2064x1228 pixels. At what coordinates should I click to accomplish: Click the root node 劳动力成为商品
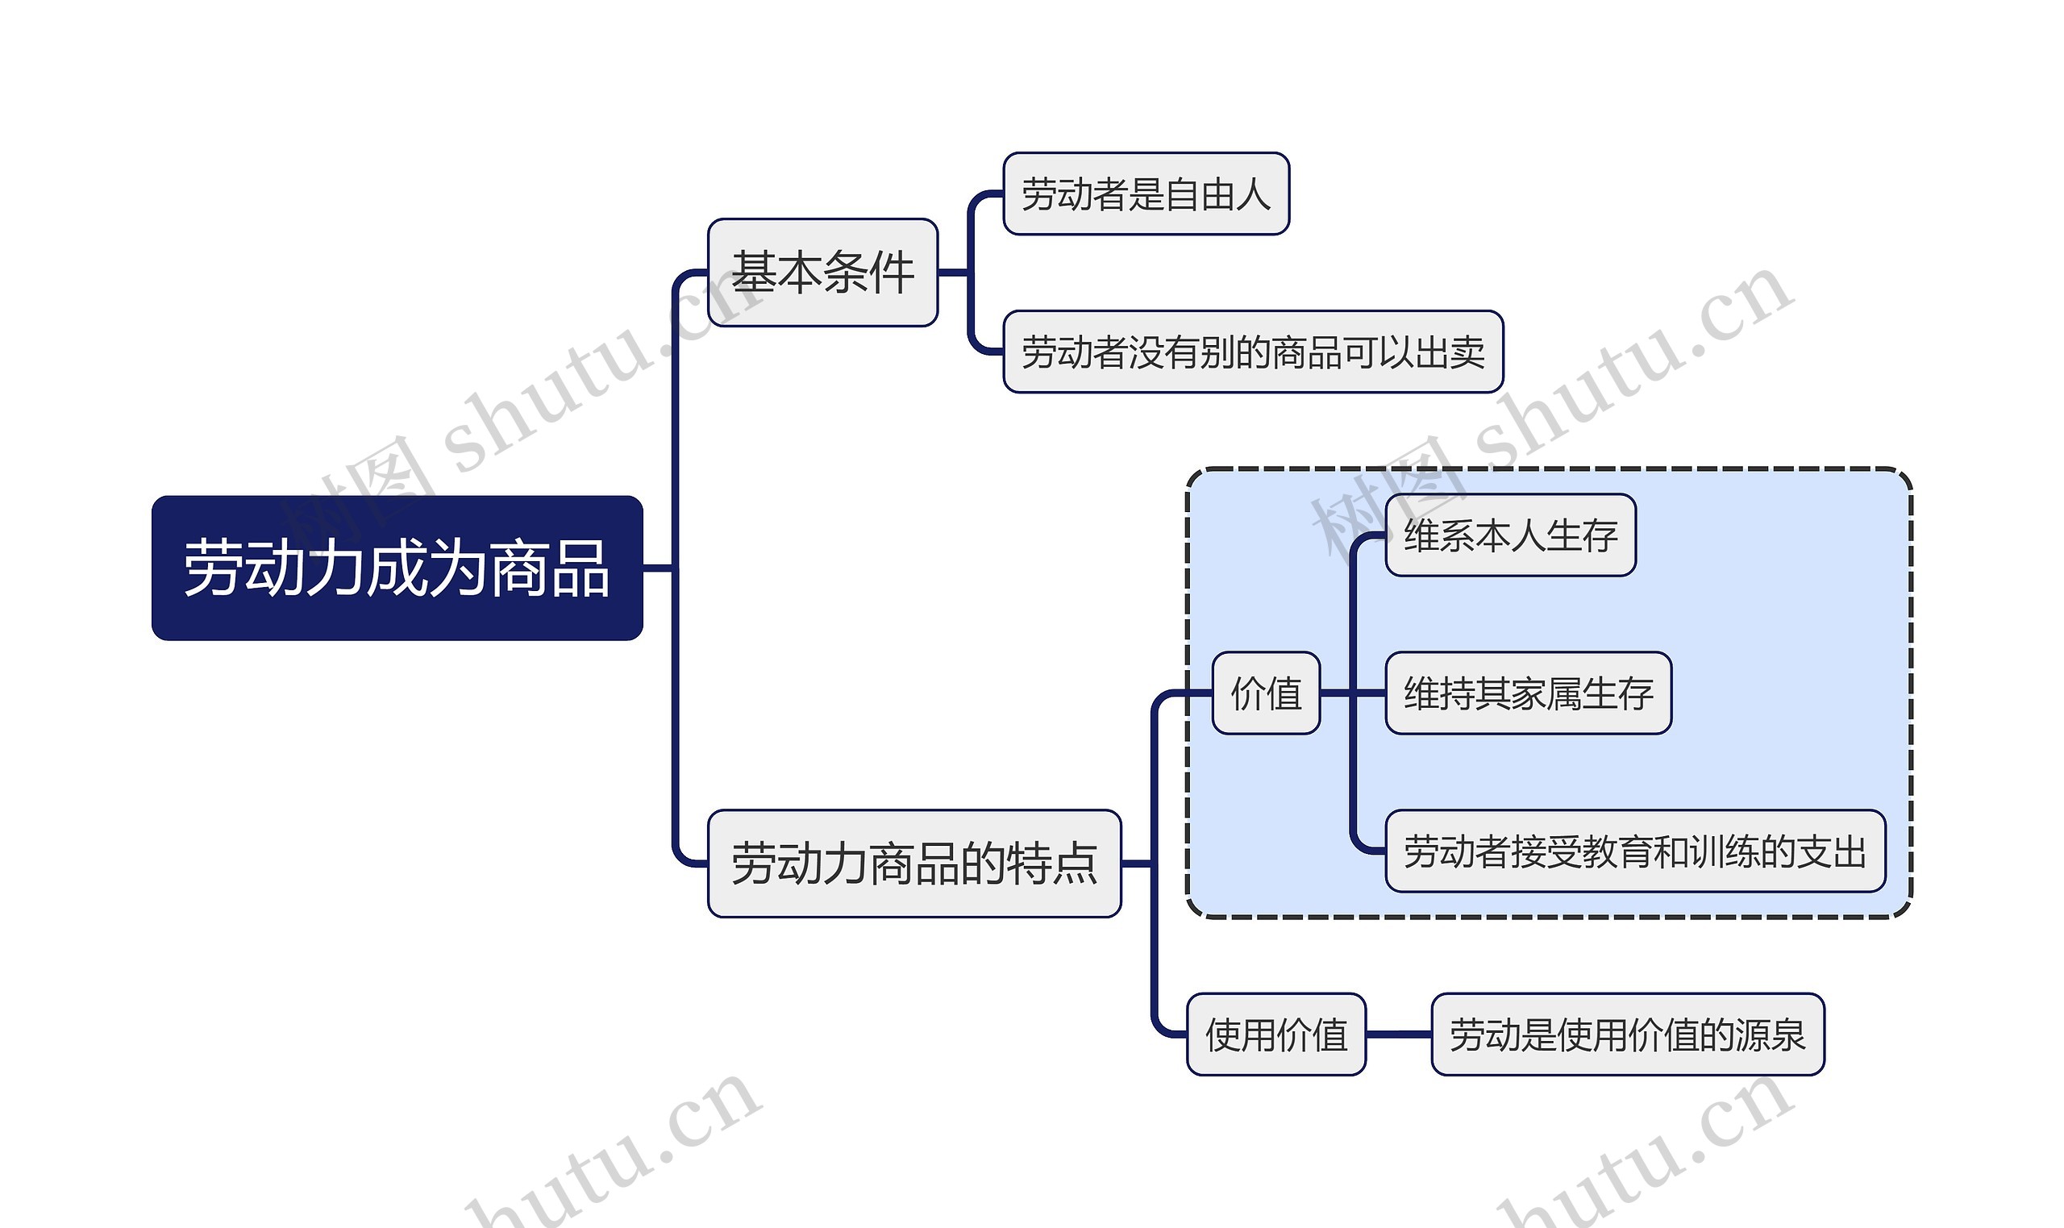[397, 568]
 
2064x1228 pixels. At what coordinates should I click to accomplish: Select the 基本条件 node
[822, 273]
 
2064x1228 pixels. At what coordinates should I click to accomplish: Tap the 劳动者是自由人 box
[1146, 194]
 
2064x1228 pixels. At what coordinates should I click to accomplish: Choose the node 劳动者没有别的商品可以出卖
[1252, 352]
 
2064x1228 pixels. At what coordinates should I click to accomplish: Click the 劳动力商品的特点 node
[914, 863]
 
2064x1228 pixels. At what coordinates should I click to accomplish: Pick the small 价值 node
[1266, 693]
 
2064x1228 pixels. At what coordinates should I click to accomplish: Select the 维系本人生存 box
[1511, 535]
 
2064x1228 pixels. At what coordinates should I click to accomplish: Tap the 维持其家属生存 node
[1528, 693]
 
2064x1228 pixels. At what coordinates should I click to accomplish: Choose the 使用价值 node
[1275, 1034]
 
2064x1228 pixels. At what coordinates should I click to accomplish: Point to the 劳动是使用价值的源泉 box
[1627, 1034]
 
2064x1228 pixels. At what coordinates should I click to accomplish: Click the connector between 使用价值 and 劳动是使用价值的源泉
[1398, 1034]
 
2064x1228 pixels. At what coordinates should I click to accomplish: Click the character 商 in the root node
[519, 568]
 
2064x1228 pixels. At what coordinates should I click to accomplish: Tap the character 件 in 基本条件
[891, 273]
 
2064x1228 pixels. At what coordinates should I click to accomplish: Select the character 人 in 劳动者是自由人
[1252, 194]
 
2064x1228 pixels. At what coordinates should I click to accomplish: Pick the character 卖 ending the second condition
[1467, 352]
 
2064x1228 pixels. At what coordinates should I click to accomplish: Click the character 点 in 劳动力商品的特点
[1074, 864]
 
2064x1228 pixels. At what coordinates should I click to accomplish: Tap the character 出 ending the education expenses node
[1848, 851]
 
